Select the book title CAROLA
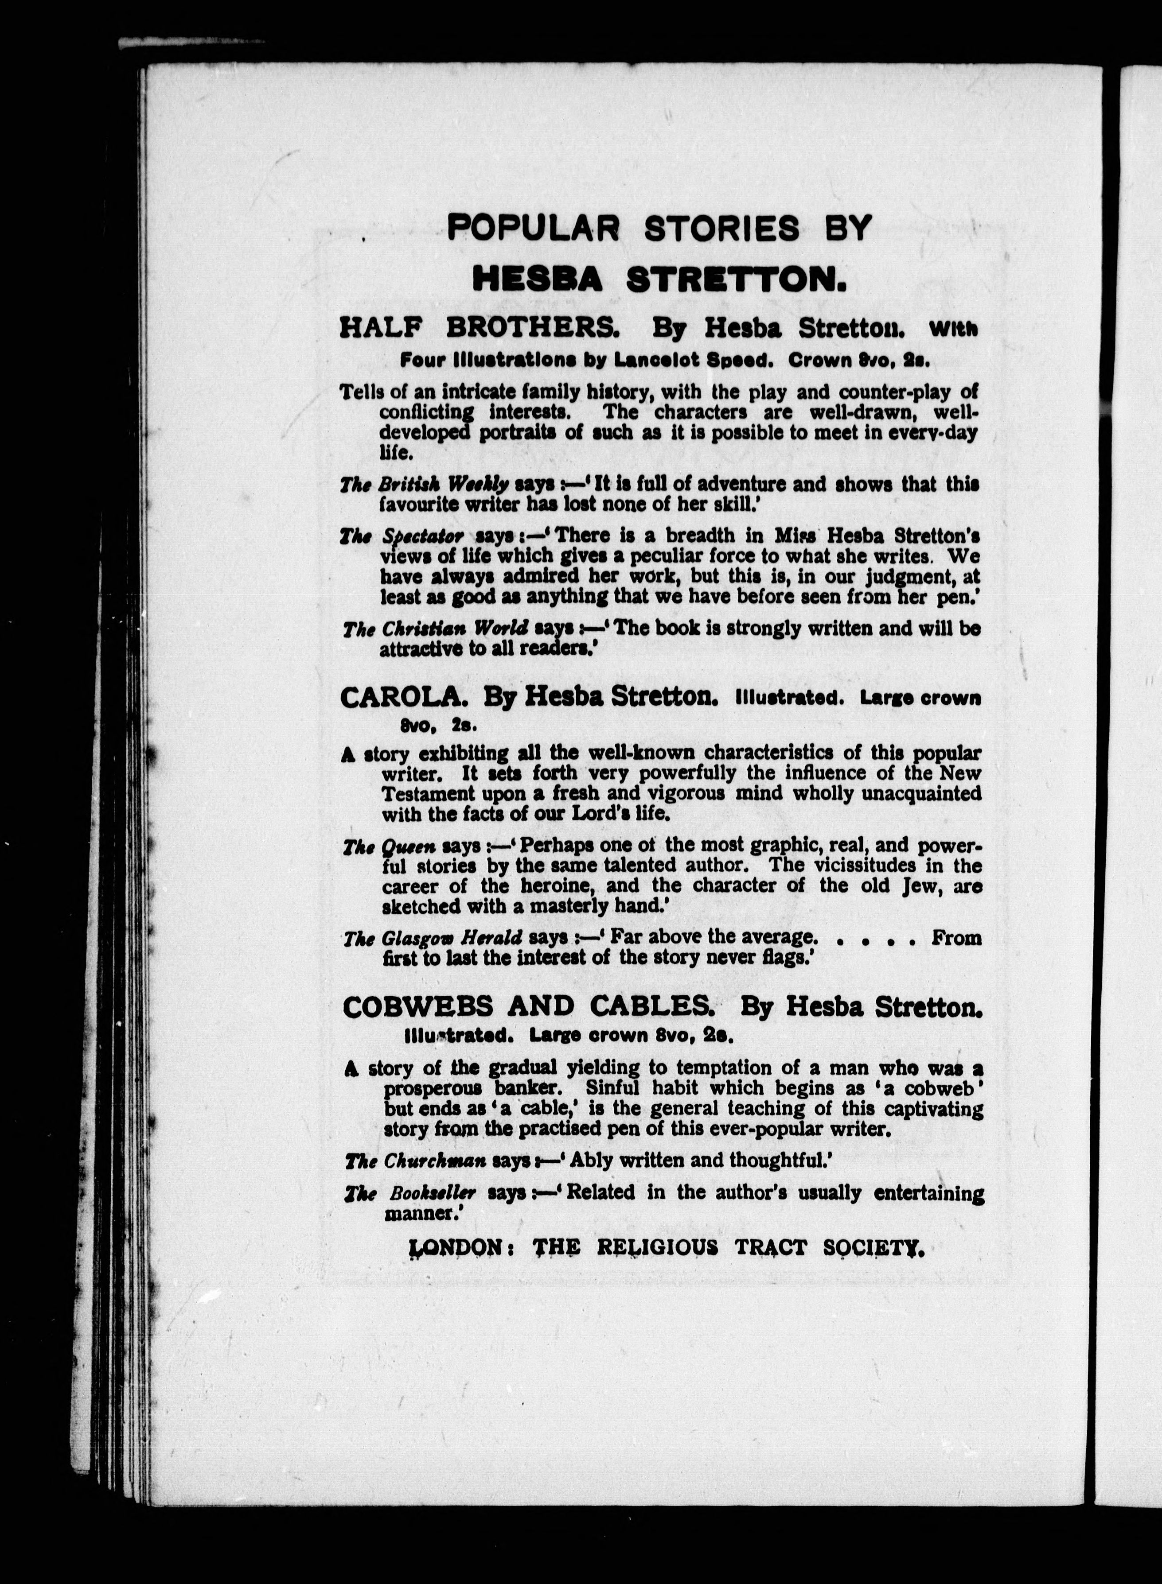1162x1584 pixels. tap(402, 698)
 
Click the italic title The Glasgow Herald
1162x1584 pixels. tap(433, 939)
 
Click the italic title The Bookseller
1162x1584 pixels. tap(410, 1193)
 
